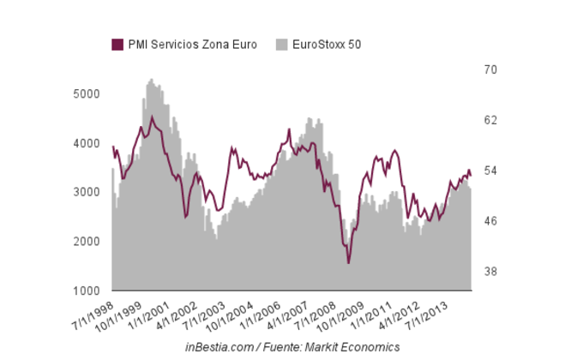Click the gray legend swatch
(281, 45)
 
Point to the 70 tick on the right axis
(485, 69)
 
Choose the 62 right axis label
(485, 120)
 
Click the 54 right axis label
(485, 171)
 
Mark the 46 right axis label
(485, 221)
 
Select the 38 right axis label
(485, 272)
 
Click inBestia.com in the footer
(219, 346)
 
